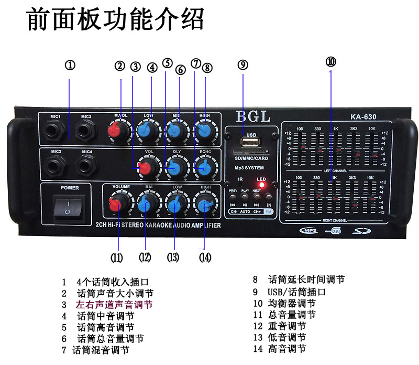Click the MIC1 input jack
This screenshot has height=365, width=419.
pyautogui.click(x=56, y=130)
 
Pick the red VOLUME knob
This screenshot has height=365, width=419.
pyautogui.click(x=119, y=203)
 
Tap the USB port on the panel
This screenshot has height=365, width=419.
pyautogui.click(x=250, y=142)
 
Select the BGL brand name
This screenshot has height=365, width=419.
pyautogui.click(x=253, y=116)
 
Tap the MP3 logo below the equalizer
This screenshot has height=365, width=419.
pyautogui.click(x=307, y=230)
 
